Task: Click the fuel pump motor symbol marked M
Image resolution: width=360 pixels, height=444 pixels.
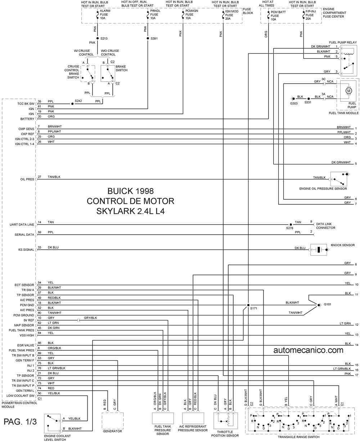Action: (348, 91)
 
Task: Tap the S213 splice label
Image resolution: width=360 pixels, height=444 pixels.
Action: (104, 39)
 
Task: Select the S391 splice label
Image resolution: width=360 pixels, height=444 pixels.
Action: (154, 39)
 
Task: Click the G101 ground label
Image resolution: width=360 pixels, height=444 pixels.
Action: (327, 304)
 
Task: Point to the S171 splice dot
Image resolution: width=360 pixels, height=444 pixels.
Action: (248, 305)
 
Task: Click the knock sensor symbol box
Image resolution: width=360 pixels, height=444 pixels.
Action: (319, 249)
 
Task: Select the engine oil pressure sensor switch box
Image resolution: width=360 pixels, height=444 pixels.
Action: (339, 179)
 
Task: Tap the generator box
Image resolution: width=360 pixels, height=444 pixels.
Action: (112, 421)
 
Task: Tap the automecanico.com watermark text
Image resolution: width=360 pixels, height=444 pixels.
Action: (309, 350)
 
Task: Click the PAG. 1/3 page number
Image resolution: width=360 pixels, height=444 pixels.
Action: (20, 422)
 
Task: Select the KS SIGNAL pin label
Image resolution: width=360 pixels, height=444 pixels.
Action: (26, 250)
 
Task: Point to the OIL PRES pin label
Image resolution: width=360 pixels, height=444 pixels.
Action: (27, 179)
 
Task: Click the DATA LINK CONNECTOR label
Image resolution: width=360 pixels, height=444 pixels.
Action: (326, 226)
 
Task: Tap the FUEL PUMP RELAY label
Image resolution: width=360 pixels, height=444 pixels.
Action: (343, 43)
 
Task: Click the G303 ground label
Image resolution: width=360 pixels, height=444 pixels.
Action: (294, 103)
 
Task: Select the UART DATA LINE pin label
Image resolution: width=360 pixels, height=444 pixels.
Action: (22, 225)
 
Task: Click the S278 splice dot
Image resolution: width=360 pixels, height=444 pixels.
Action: (291, 225)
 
